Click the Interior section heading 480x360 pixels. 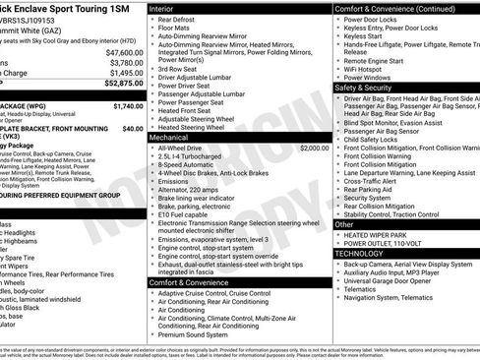click(168, 8)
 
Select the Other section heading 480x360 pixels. click(345, 224)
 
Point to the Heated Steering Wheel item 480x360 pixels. click(197, 128)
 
